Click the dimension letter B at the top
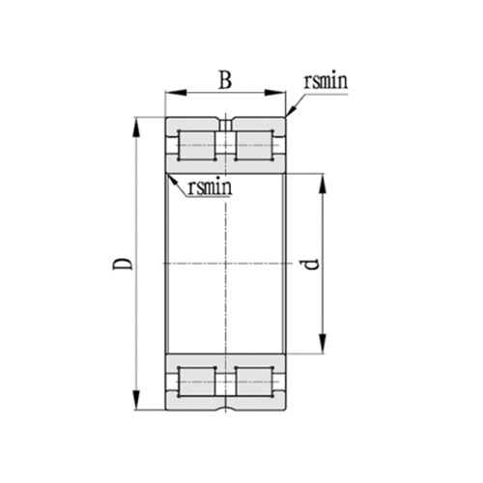click(224, 79)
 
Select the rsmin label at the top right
click(325, 83)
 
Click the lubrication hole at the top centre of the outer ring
click(225, 124)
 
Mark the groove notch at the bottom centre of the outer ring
click(225, 405)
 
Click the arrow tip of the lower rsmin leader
click(168, 174)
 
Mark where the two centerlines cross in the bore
click(225, 263)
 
